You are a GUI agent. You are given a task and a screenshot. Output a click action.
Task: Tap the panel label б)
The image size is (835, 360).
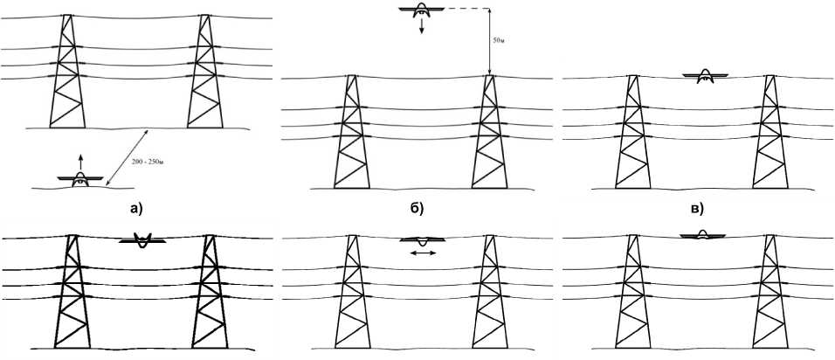click(x=417, y=208)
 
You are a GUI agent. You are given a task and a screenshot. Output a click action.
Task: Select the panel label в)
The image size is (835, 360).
click(x=697, y=208)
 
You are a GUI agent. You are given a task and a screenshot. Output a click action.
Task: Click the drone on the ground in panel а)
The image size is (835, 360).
click(x=79, y=178)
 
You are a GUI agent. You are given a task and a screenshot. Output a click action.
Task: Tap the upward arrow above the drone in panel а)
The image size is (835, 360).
click(x=79, y=160)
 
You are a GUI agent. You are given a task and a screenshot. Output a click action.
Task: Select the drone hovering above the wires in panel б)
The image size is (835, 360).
click(x=422, y=10)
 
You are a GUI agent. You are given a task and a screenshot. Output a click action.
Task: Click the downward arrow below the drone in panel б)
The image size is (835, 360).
click(x=422, y=27)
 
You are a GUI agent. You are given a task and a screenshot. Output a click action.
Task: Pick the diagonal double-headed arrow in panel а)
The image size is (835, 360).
click(x=127, y=157)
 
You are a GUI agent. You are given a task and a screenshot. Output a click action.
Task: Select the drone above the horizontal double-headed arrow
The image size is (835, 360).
click(x=422, y=239)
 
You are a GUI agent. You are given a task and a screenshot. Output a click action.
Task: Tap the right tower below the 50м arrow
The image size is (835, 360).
click(x=487, y=131)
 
